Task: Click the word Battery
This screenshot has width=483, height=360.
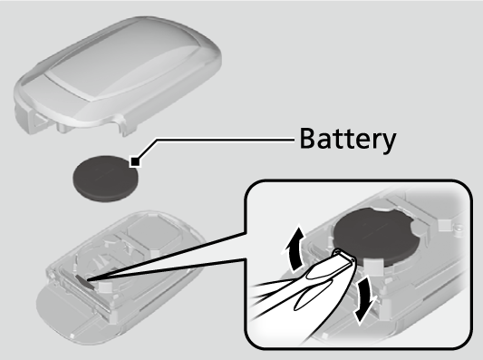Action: pyautogui.click(x=348, y=140)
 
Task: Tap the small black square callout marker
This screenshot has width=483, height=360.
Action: pyautogui.click(x=135, y=161)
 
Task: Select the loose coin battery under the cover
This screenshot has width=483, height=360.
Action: pyautogui.click(x=106, y=179)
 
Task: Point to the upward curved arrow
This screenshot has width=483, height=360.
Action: pyautogui.click(x=294, y=248)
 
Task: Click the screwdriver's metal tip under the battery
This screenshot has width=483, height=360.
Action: pyautogui.click(x=345, y=257)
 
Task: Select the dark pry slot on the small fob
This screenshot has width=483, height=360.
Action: pyautogui.click(x=84, y=282)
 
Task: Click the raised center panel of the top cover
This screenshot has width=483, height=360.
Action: pyautogui.click(x=123, y=61)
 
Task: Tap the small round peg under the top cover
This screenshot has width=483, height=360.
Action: pyautogui.click(x=63, y=127)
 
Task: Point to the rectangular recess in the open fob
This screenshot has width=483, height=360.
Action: pyautogui.click(x=150, y=233)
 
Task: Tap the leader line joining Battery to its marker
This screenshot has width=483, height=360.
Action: pyautogui.click(x=213, y=141)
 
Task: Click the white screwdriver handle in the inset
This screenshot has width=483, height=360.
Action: pyautogui.click(x=302, y=296)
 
